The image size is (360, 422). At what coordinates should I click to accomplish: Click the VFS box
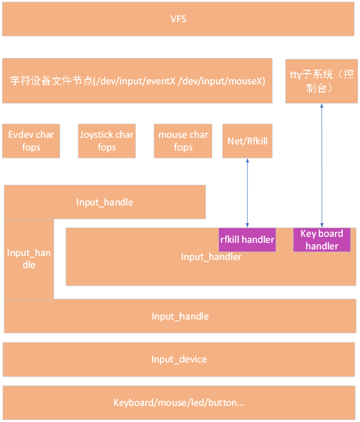[178, 20]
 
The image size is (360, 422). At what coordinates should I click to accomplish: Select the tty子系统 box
[321, 81]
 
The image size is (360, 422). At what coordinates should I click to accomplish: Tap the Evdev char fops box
[31, 141]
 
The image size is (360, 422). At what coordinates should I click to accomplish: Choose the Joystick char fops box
[106, 141]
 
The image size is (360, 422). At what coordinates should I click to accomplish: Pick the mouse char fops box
[183, 141]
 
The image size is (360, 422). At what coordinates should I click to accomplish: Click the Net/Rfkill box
[247, 141]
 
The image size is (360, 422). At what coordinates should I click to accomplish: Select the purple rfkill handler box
[247, 239]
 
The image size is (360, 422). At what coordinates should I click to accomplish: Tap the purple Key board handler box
[322, 240]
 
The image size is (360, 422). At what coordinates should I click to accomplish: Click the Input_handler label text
[211, 257]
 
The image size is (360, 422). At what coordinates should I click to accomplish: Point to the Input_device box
[178, 359]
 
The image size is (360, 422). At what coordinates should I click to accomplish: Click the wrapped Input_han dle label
[29, 258]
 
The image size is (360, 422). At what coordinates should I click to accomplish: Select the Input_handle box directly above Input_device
[180, 316]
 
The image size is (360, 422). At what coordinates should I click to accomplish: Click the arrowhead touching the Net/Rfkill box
[247, 161]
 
